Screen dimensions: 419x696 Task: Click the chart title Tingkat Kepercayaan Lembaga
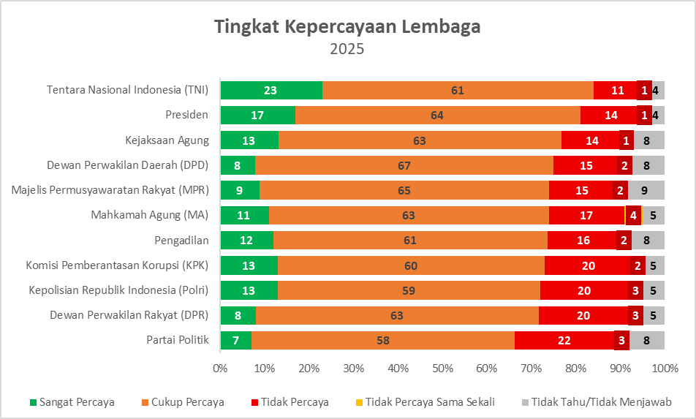coord(347,27)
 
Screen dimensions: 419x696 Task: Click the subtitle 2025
coord(347,50)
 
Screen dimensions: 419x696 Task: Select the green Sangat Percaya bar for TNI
coord(271,90)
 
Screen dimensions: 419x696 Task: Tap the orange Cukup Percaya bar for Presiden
coord(437,115)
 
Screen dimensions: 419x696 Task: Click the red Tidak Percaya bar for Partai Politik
coord(564,340)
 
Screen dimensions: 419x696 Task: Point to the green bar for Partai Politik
coord(235,340)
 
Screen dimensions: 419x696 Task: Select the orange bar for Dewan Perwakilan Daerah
coord(404,165)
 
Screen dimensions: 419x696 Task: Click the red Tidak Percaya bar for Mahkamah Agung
coord(586,215)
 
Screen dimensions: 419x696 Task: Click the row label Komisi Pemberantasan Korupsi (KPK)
coord(117,265)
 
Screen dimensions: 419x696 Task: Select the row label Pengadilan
coord(181,240)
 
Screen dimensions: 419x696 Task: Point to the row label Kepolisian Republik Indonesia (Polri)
coord(118,290)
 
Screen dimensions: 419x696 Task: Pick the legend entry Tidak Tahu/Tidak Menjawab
coord(600,401)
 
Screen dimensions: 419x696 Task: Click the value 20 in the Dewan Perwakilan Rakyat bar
coord(583,315)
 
